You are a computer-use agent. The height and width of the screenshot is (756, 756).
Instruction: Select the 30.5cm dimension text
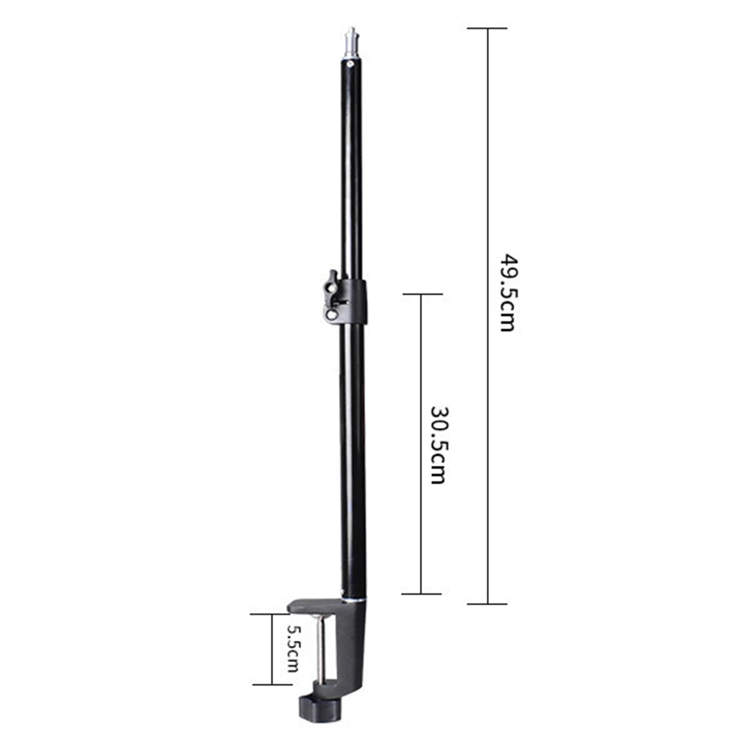click(x=438, y=445)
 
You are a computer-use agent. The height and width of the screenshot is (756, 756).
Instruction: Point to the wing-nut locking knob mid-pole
click(x=332, y=297)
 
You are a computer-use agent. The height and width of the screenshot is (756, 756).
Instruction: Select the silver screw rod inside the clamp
click(x=322, y=649)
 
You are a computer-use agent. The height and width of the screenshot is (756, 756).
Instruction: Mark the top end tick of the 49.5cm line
click(x=487, y=28)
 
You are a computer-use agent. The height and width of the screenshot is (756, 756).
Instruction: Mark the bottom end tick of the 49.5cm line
click(x=487, y=603)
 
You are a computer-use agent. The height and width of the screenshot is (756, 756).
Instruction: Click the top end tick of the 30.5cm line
click(x=421, y=294)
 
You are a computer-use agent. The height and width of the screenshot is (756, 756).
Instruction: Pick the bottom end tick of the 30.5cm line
click(x=421, y=594)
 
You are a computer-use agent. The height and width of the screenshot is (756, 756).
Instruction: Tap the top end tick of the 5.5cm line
click(x=272, y=614)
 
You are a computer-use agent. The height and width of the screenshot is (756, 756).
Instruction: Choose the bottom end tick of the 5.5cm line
click(x=272, y=684)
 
